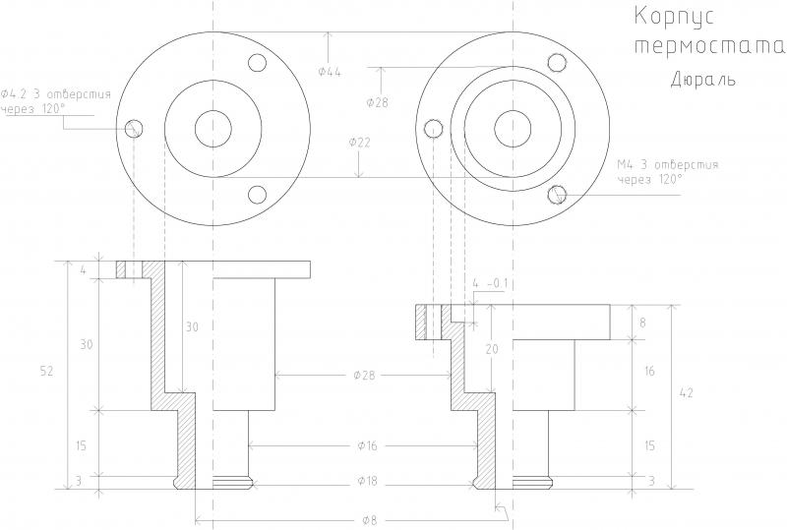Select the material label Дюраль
coord(703,78)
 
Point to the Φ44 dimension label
coord(331,72)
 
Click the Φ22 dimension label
coord(360,143)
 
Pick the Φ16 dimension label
coord(368,446)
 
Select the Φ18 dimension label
coord(368,481)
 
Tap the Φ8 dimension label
coord(368,519)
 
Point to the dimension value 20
coord(491,350)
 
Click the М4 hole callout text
coord(667,171)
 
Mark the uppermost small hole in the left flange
coord(259,63)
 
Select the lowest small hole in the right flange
coord(559,193)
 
